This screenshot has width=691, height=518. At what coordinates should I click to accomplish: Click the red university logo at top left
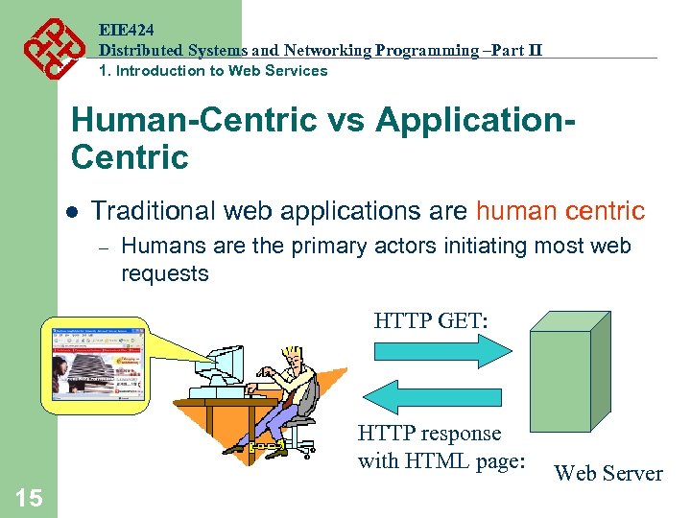point(45,47)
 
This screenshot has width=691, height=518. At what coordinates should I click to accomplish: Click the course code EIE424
point(127,29)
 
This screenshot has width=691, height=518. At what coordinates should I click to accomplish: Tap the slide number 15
point(29,497)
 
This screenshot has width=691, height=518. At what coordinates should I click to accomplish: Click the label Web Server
point(608,473)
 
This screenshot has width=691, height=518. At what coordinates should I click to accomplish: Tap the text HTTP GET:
point(431,318)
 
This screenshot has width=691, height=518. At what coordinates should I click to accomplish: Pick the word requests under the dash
point(164,274)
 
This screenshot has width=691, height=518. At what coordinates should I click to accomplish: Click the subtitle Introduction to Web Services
point(222,70)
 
